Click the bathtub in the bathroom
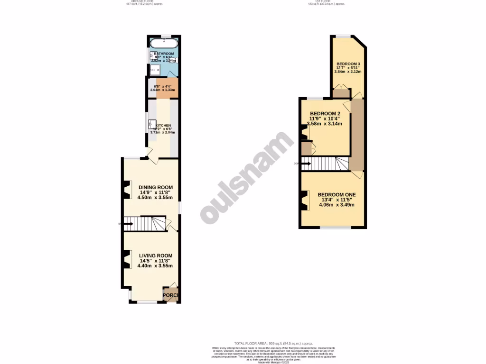click(x=164, y=44)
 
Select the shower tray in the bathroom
click(x=155, y=70)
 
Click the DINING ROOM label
click(x=155, y=187)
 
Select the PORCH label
click(x=170, y=296)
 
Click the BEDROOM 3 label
click(x=348, y=64)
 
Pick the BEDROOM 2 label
click(x=325, y=113)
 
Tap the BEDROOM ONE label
click(x=336, y=194)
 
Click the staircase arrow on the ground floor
click(x=127, y=223)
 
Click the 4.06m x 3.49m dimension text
click(x=336, y=205)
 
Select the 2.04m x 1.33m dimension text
click(x=162, y=90)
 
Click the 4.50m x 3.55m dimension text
click(x=155, y=198)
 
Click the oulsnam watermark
click(x=247, y=178)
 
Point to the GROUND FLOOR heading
click(x=144, y=2)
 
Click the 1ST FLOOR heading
click(x=326, y=2)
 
